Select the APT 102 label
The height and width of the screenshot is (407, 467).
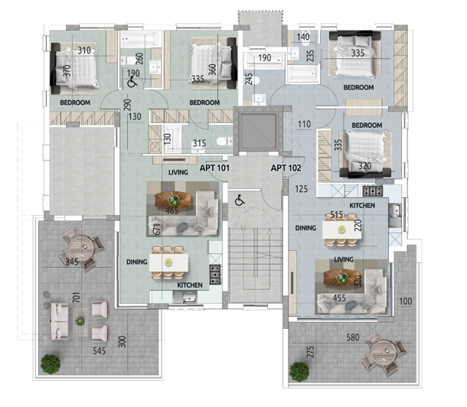click(285, 168)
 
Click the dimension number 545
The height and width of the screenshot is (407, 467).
click(99, 354)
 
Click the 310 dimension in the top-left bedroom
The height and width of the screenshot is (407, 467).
click(83, 51)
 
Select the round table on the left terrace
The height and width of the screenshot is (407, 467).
click(80, 248)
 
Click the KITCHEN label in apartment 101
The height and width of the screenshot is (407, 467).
click(189, 284)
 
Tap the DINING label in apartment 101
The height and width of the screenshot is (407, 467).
click(137, 262)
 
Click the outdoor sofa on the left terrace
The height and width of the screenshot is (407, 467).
click(59, 321)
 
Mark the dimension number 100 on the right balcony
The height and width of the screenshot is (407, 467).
click(406, 301)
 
